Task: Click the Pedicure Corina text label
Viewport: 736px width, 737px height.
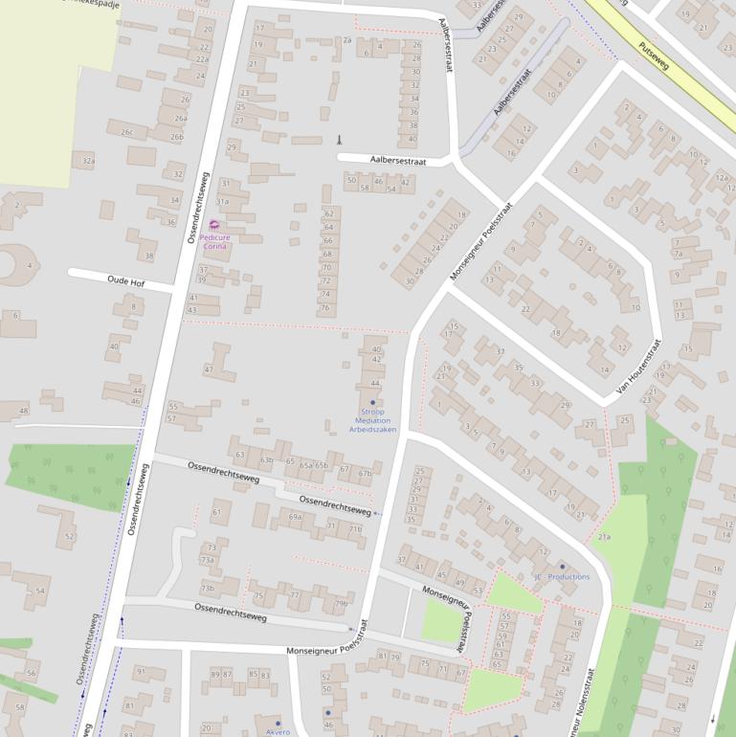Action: coord(214,242)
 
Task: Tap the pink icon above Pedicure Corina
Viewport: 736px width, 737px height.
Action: coord(213,225)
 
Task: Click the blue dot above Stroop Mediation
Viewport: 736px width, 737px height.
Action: coord(372,403)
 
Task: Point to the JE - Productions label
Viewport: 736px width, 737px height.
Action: coord(562,577)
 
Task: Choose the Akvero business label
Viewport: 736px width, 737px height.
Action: coord(278,731)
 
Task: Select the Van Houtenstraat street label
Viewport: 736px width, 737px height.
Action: coord(639,368)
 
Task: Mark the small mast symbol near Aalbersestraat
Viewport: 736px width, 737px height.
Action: coord(338,140)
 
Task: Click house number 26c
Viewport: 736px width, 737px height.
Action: coord(126,132)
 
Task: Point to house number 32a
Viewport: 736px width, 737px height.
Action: coord(88,161)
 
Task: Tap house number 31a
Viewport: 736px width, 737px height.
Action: coord(222,202)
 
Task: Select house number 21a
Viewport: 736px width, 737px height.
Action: coord(604,538)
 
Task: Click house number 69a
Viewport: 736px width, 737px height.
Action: coord(296,517)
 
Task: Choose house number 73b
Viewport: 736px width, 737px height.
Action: coord(207,588)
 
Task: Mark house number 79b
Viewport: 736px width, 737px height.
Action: coord(340,603)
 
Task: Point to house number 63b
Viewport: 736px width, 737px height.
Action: coord(267,460)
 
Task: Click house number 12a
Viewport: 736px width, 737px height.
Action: coord(721,177)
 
